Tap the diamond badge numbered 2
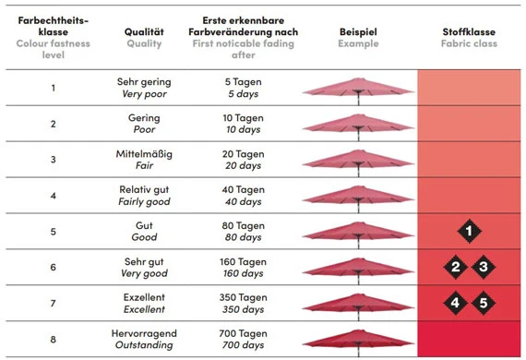tap(455, 267)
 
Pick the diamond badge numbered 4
tap(455, 302)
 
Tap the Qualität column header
tap(143, 37)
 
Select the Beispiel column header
tap(358, 37)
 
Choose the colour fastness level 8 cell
tap(53, 339)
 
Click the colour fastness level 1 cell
tap(53, 88)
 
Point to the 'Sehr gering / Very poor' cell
tap(144, 88)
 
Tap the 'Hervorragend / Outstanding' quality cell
tap(144, 339)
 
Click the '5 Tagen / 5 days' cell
tap(244, 88)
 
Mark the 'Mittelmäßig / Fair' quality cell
tap(144, 160)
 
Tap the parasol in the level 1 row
tap(358, 88)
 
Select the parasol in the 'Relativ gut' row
tap(358, 195)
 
